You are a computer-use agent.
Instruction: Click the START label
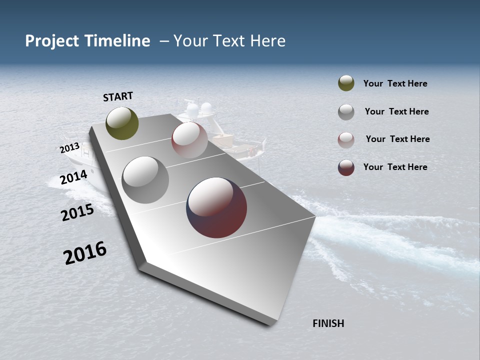click(x=118, y=96)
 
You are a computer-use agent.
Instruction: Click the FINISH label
click(x=328, y=323)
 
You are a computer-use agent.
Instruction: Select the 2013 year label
click(x=69, y=148)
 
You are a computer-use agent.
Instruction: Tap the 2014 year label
click(x=73, y=177)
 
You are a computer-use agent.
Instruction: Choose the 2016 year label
click(x=85, y=253)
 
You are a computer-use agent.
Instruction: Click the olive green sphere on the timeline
click(x=122, y=123)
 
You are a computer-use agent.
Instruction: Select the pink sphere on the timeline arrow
click(x=189, y=140)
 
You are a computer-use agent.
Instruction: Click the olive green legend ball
click(x=346, y=83)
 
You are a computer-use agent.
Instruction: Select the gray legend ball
click(x=346, y=112)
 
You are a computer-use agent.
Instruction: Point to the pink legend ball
click(x=346, y=140)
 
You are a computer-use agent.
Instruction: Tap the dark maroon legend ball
click(x=346, y=167)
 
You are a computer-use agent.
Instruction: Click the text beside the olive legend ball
click(x=395, y=83)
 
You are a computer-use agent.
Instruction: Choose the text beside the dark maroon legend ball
click(x=395, y=167)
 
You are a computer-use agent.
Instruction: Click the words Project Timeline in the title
click(x=87, y=41)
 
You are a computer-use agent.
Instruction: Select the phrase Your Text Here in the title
click(x=229, y=41)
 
